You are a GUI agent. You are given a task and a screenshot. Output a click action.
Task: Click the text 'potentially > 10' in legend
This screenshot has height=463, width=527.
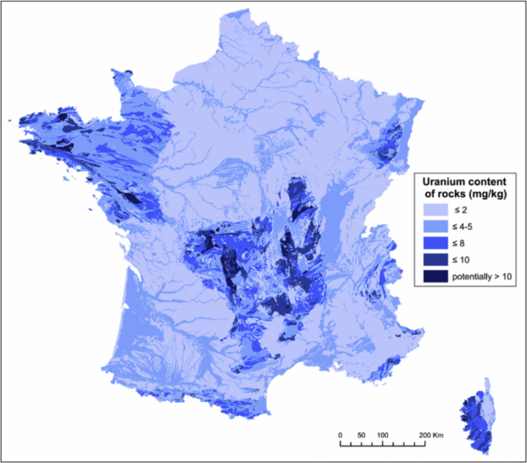click(481, 277)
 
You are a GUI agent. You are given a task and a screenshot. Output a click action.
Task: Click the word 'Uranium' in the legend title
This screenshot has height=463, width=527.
click(440, 181)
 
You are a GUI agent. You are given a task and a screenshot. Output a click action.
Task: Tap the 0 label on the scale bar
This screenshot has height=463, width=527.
click(340, 435)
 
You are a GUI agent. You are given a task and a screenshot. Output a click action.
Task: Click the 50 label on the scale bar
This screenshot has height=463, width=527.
click(361, 435)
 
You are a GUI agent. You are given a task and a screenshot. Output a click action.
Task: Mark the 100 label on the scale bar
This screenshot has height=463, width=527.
click(382, 435)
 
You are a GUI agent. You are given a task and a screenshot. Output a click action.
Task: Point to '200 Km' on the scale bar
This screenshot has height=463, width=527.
click(431, 435)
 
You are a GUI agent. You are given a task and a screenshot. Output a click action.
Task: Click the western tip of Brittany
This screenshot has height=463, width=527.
click(23, 121)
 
